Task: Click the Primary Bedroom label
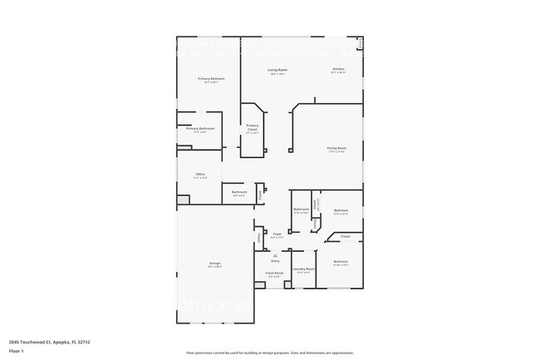pos(211,79)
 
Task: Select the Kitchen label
pos(338,69)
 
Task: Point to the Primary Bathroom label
pos(200,128)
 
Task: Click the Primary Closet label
pos(252,127)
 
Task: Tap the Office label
pos(200,174)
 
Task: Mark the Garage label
pos(214,264)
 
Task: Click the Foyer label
pos(277,234)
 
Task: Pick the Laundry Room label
pos(305,269)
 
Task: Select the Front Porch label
pos(274,273)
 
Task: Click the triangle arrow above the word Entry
pos(274,254)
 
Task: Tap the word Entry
pos(274,260)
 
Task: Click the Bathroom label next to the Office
pos(239,192)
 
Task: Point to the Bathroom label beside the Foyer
pos(302,209)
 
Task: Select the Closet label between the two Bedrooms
pos(346,236)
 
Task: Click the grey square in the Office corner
pos(183,200)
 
